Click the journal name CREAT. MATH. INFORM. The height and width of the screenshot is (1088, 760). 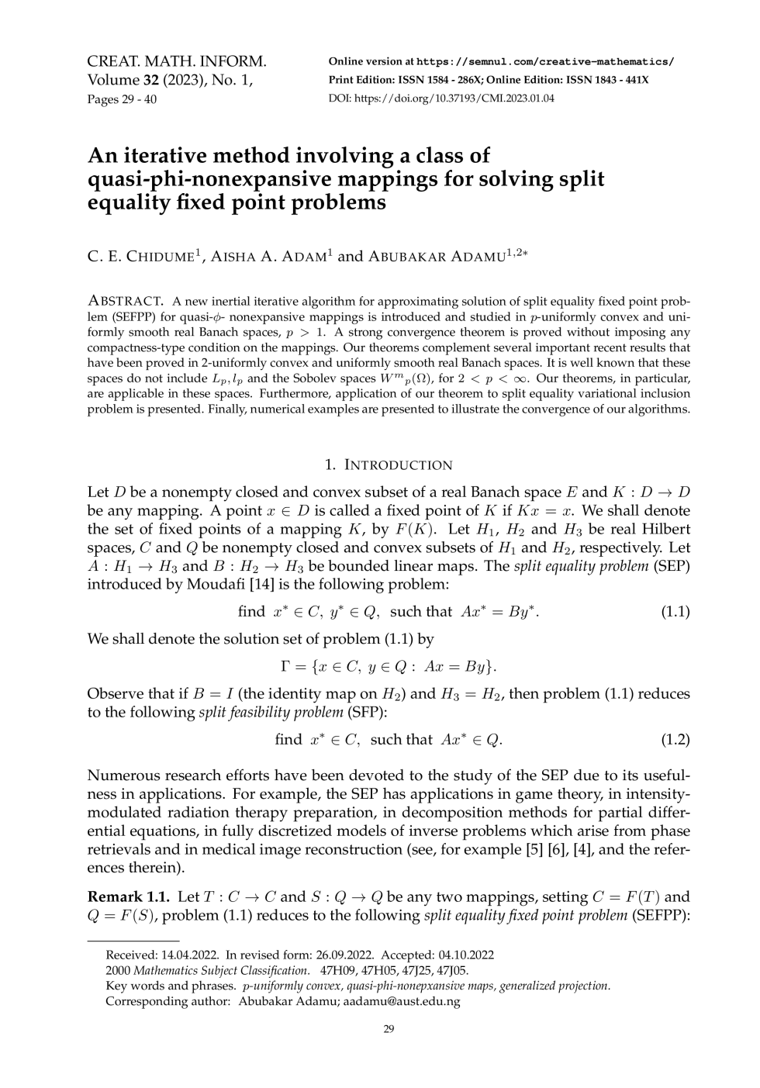177,61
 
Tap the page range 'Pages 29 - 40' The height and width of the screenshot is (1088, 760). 122,98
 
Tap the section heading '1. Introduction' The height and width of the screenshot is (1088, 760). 389,465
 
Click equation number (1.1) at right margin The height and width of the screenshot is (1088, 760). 675,612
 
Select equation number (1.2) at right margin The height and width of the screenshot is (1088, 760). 675,740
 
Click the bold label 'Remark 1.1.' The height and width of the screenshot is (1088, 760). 128,897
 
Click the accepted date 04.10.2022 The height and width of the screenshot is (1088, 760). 465,955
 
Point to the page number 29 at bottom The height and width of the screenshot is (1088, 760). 389,1029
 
